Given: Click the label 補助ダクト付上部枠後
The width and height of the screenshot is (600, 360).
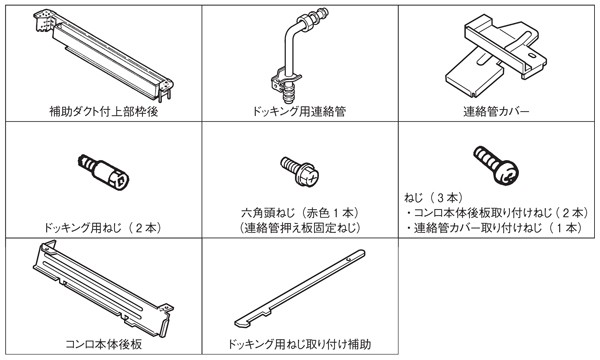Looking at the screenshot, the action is (x=104, y=112).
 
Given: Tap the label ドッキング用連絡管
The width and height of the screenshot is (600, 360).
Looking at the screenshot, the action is (x=300, y=112).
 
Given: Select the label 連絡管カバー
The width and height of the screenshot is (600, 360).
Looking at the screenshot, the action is (x=496, y=112).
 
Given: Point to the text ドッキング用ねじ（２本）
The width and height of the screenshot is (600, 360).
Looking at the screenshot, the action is (x=103, y=228).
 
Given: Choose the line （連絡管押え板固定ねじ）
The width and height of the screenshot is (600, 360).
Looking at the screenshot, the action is (x=301, y=228).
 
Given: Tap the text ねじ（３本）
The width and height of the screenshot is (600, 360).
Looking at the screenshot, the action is (x=434, y=198).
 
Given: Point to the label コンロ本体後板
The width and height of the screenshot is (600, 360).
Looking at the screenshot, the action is (x=104, y=344).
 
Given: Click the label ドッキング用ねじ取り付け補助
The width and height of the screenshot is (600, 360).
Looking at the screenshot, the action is (x=300, y=344).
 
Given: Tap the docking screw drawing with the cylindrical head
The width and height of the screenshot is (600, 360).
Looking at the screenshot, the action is (x=103, y=172).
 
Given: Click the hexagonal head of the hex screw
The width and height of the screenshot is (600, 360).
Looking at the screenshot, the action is (x=307, y=175).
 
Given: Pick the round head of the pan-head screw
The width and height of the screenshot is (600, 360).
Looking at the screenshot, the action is (x=505, y=172).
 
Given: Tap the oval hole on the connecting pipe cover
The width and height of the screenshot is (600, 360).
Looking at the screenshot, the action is (x=532, y=56).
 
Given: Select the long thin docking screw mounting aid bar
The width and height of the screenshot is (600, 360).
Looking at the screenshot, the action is (x=300, y=288).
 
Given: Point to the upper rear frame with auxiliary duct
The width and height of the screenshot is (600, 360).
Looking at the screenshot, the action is (x=103, y=55).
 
